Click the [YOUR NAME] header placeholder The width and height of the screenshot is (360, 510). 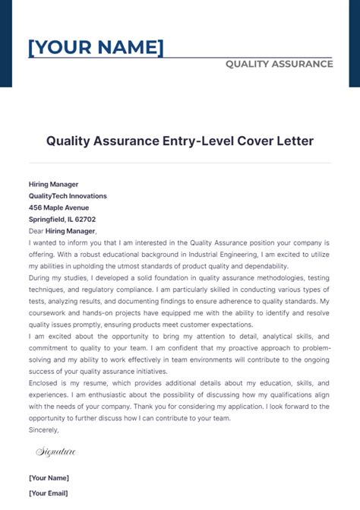(96, 48)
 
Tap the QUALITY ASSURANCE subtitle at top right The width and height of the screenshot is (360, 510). (279, 64)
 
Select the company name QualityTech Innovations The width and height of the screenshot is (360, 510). (68, 195)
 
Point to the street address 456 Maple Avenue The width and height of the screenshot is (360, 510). (58, 207)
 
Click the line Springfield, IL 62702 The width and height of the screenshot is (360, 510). (62, 219)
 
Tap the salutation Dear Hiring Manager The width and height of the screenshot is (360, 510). (62, 230)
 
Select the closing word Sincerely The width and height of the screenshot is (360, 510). (44, 429)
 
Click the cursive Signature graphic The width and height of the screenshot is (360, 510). (55, 452)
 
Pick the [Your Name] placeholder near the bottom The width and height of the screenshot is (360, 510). (49, 477)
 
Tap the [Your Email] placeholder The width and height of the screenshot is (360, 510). (49, 493)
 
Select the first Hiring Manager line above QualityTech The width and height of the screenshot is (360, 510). (53, 184)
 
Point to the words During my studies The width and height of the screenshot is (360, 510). (56, 277)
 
